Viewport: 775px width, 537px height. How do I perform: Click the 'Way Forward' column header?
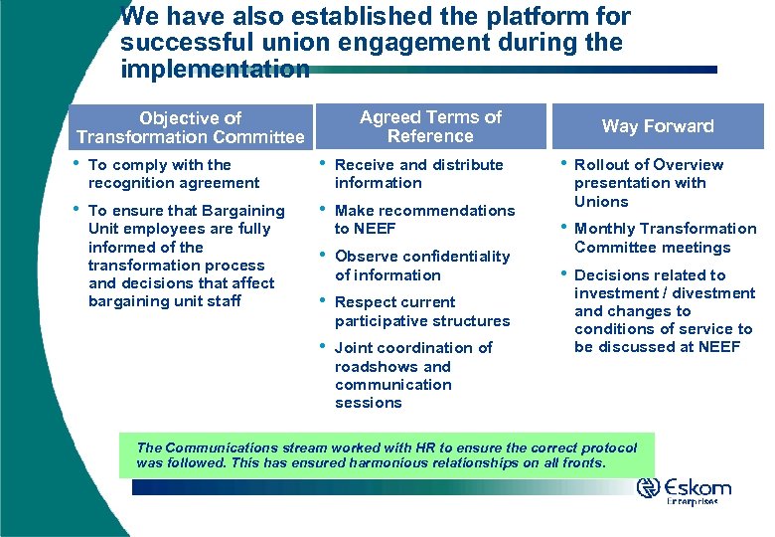[658, 126]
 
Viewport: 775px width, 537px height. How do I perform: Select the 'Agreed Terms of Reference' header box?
[430, 126]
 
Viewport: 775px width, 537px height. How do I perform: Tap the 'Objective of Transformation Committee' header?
[190, 127]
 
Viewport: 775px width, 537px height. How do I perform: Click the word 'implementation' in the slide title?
[215, 70]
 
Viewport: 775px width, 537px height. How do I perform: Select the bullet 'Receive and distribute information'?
[418, 174]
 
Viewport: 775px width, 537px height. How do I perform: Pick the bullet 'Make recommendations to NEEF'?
[424, 220]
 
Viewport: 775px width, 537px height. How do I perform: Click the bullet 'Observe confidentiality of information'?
[421, 266]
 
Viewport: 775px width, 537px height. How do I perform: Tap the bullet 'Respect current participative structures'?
[421, 311]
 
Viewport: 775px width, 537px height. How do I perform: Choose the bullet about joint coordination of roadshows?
[412, 375]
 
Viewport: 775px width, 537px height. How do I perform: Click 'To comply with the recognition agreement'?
[173, 174]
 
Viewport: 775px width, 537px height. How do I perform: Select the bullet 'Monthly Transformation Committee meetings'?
[665, 238]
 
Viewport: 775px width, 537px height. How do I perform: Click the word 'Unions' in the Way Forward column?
[601, 202]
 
